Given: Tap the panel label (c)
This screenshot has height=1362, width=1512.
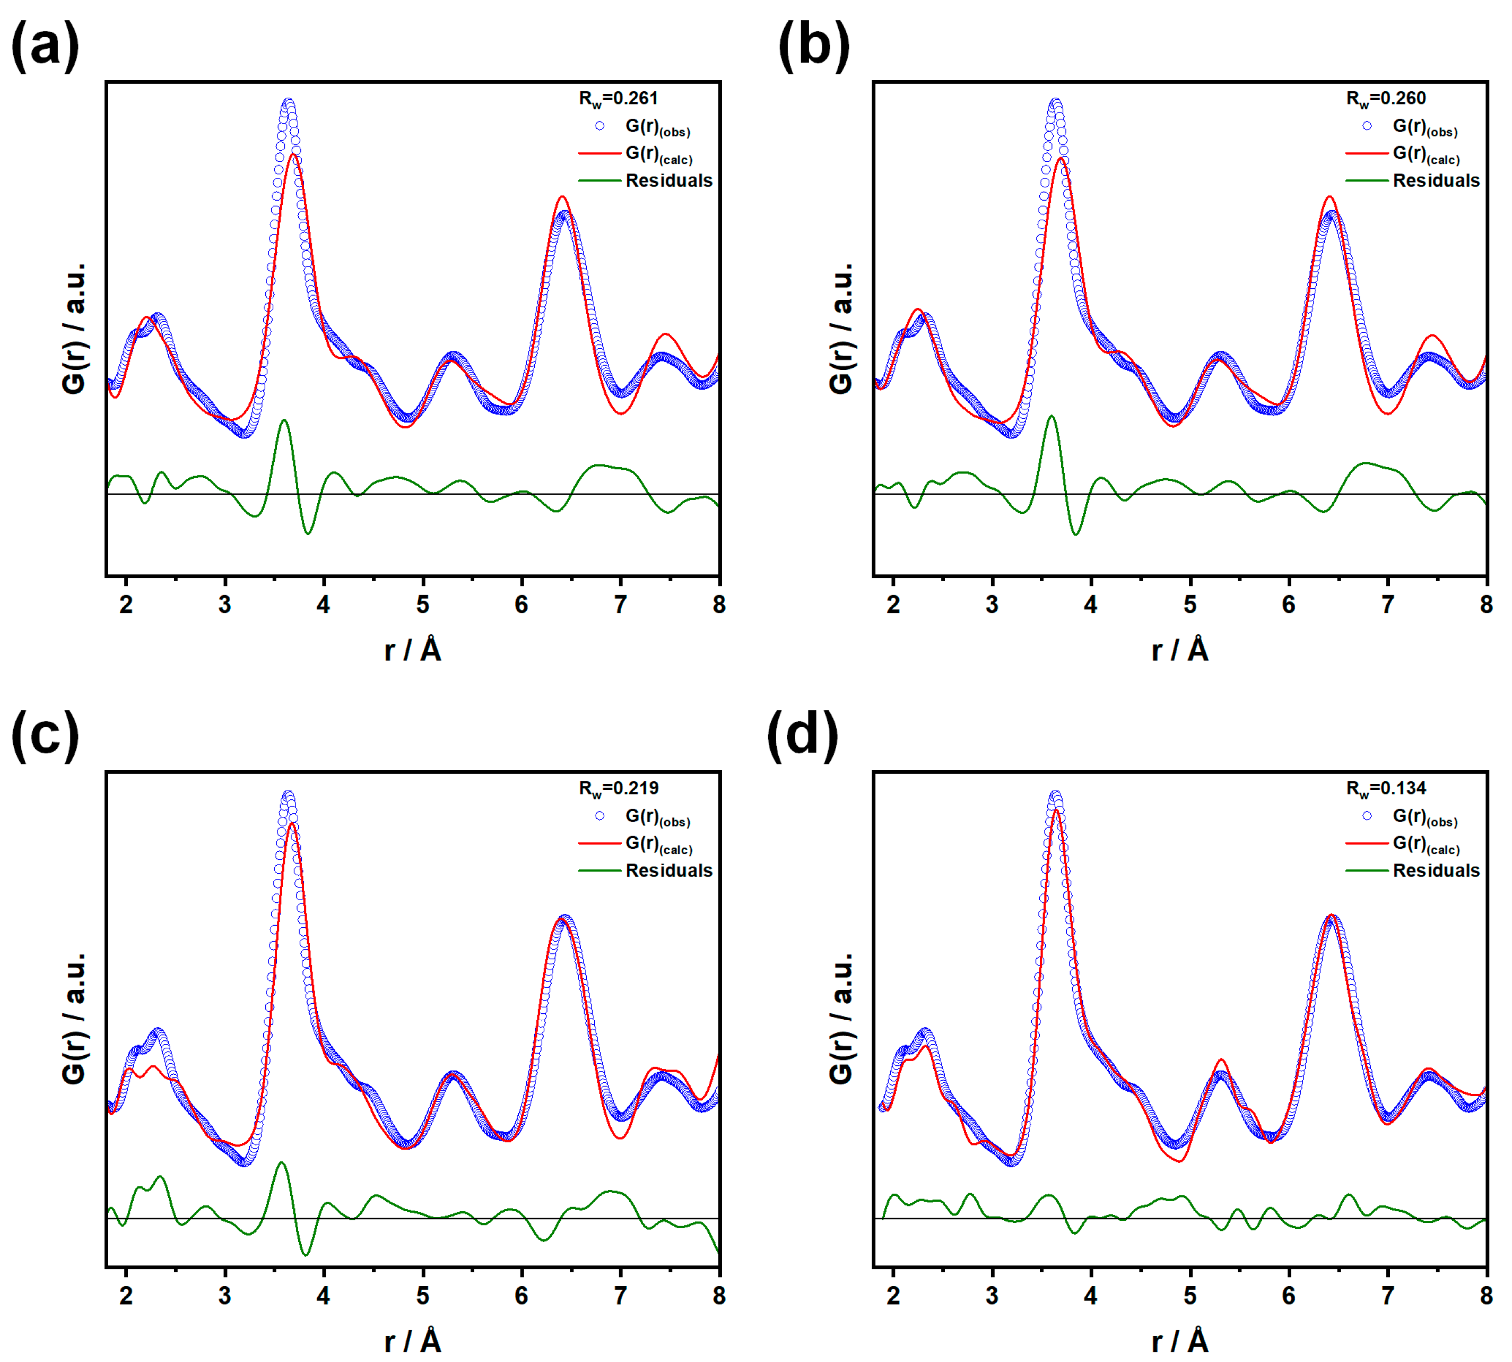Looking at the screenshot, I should tap(46, 735).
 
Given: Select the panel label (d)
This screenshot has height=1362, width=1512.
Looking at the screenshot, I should tap(803, 735).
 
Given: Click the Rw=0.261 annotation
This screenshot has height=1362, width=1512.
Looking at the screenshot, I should tap(618, 98).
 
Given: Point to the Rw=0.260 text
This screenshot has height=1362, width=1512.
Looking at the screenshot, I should tap(1386, 98).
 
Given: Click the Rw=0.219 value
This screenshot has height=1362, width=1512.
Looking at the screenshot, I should tap(618, 788).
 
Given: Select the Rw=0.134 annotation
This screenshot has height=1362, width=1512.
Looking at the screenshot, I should tap(1386, 788).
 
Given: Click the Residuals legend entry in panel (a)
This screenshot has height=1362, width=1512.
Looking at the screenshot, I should tap(668, 180).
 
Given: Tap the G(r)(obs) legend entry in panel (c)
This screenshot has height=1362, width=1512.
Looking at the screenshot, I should tap(657, 816).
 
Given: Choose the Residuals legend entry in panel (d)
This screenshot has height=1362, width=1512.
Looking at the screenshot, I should tap(1436, 870).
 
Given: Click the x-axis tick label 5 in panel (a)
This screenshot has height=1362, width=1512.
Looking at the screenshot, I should tap(423, 604).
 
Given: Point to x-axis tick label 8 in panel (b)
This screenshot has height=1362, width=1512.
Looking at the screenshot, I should tap(1486, 604).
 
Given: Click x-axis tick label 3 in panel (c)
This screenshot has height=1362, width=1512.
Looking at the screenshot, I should tap(224, 1295).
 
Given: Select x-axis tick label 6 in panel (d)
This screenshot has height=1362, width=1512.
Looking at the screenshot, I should tap(1288, 1295).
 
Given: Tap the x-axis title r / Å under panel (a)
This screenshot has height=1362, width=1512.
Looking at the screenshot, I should tap(412, 650).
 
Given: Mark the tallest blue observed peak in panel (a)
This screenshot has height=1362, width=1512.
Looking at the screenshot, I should tap(288, 102).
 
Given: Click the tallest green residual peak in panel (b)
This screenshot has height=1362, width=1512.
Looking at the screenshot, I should tap(1051, 417).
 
